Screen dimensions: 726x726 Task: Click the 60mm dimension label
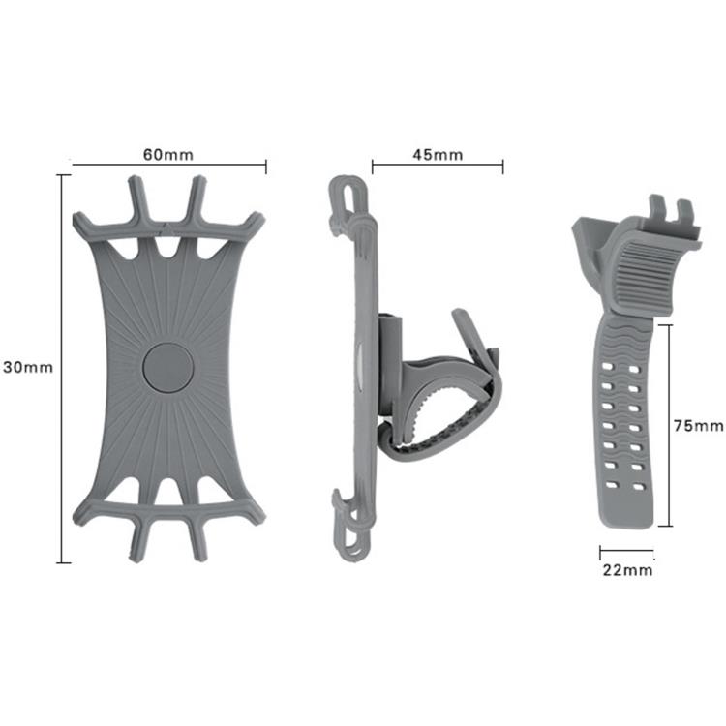click(168, 155)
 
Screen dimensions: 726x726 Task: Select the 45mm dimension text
click(437, 155)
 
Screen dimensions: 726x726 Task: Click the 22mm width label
click(627, 570)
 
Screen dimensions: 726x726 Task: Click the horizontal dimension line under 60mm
click(168, 166)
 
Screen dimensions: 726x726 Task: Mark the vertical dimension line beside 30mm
click(64, 368)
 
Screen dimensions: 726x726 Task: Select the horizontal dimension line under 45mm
click(438, 166)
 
